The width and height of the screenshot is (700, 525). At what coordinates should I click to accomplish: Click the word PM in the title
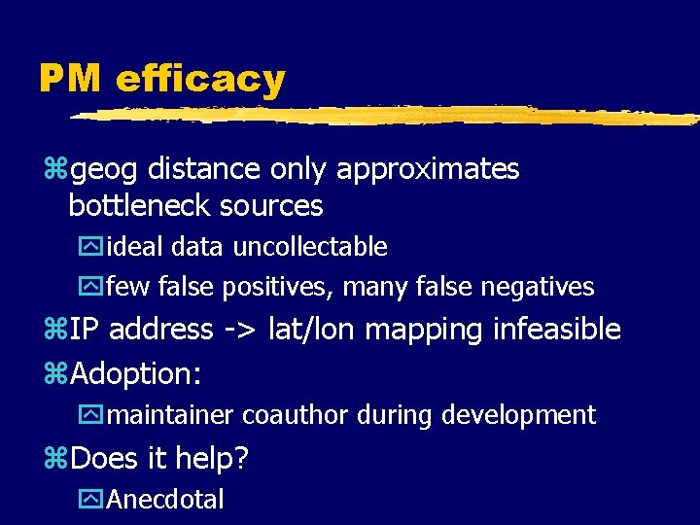point(70,78)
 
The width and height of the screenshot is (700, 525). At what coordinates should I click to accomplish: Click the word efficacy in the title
point(200,78)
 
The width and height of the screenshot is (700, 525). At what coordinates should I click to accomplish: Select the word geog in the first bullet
point(104,169)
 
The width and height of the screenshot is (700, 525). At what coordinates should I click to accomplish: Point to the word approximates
point(428,169)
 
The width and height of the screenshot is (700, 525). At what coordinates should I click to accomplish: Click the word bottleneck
point(140,206)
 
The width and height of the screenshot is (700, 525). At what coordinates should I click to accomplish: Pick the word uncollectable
point(308,247)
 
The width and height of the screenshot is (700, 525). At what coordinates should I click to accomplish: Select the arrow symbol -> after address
point(237,330)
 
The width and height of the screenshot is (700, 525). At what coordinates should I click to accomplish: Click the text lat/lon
point(317,330)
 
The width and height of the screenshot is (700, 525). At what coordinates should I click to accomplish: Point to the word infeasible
point(557,330)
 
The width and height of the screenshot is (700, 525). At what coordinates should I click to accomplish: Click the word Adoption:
point(143,373)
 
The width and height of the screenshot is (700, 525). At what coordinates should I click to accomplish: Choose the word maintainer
point(170,415)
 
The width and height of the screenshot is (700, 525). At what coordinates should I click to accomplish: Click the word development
point(518,415)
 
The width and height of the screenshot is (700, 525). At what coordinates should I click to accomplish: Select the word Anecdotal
point(165,500)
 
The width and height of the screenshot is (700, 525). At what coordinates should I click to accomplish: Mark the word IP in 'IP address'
point(86,330)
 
